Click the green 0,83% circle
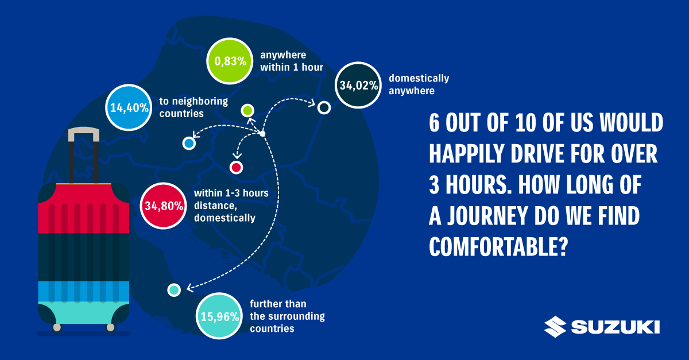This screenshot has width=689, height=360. tap(230, 61)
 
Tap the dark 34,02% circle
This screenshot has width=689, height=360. tap(358, 85)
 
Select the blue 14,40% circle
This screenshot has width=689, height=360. tap(129, 107)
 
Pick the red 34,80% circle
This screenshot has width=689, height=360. tap(164, 206)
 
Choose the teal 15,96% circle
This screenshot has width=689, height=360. tap(219, 316)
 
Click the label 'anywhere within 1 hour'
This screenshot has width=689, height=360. tap(292, 61)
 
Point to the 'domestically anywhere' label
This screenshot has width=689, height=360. tap(419, 84)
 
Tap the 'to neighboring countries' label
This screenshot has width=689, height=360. tap(194, 107)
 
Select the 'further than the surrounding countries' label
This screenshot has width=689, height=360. tap(287, 316)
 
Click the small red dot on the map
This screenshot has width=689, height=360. tap(236, 168)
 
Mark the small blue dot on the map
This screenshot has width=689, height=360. tap(189, 144)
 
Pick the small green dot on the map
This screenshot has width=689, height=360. tap(247, 110)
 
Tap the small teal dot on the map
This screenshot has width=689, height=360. tap(174, 290)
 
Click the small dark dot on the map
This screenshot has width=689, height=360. tap(324, 108)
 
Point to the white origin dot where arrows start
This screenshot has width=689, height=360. tap(262, 134)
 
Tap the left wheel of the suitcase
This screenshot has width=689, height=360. tap(57, 327)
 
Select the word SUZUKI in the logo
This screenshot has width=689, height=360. tap(616, 327)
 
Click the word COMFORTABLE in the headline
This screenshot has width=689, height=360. tap(498, 246)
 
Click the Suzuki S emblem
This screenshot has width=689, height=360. tap(555, 327)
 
